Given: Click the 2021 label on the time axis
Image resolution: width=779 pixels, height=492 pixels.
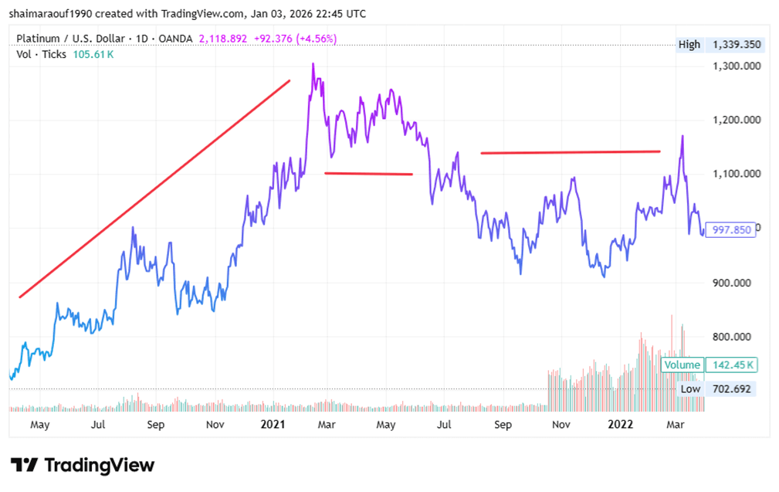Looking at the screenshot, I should [273, 425].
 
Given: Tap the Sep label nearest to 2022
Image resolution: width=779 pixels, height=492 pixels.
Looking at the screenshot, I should [503, 425].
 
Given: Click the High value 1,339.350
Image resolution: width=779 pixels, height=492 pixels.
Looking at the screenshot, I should [738, 45].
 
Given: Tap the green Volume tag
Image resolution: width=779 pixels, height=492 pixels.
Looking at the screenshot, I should [682, 365].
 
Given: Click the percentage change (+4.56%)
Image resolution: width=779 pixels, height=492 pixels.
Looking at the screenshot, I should [313, 39].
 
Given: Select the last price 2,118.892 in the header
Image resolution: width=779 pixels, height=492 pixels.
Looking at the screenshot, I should [225, 39].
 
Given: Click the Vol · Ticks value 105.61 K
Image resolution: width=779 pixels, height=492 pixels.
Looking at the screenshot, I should [93, 54].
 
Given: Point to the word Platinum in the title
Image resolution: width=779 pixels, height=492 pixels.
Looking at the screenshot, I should [39, 39].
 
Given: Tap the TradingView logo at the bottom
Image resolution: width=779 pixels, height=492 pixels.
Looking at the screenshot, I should [83, 465].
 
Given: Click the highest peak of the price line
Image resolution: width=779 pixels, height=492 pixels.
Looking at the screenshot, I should [313, 64].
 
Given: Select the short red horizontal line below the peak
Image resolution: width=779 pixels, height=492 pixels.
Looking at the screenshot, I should [368, 174].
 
